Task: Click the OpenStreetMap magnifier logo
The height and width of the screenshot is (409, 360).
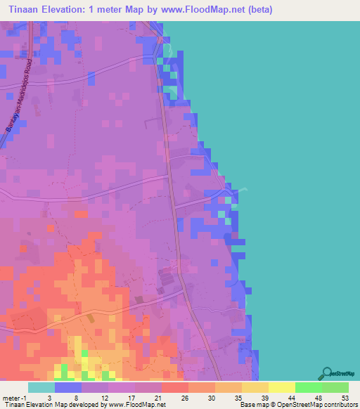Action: [x=326, y=372]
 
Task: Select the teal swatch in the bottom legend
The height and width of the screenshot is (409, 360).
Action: [x=41, y=387]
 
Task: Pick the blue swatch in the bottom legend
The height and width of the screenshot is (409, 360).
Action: [x=68, y=387]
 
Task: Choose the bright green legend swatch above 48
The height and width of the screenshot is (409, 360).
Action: [x=309, y=387]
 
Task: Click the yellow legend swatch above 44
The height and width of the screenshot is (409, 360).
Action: [x=282, y=387]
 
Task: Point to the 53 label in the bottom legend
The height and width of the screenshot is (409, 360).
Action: [x=345, y=397]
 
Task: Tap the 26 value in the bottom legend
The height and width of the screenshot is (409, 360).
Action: [x=184, y=397]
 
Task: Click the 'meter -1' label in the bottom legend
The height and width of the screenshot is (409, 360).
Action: [x=16, y=397]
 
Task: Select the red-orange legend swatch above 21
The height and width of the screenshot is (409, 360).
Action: [x=175, y=387]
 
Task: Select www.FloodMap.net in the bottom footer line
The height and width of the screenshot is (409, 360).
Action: [x=137, y=405]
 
